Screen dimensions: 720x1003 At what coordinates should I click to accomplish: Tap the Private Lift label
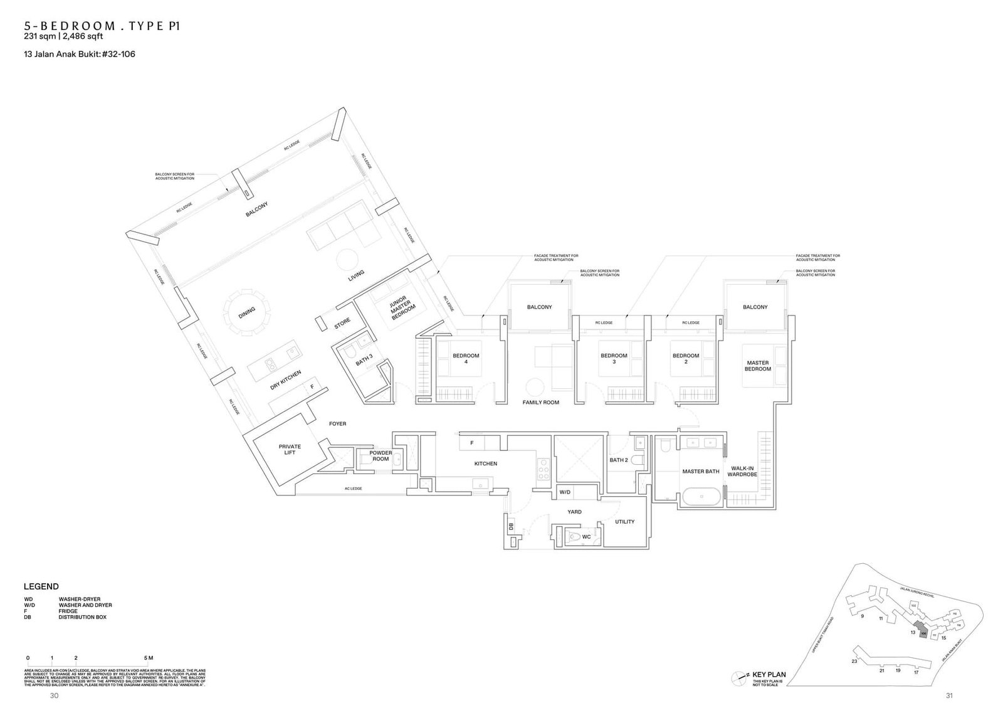[x=290, y=450]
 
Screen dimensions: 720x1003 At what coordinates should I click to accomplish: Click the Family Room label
[x=540, y=402]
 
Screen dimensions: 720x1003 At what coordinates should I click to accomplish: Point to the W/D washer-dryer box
[x=565, y=493]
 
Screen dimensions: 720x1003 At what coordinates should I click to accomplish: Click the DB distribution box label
[x=512, y=527]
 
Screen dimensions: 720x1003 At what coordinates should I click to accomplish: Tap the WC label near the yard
[x=586, y=536]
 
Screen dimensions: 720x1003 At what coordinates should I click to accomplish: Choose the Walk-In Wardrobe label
[x=742, y=471]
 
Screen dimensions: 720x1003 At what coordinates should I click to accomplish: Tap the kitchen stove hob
[x=543, y=469]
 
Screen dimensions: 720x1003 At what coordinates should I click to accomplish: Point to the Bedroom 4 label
[x=466, y=359]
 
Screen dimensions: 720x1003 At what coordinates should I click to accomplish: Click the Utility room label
[x=624, y=521]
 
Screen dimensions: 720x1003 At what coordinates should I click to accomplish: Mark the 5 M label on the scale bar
[x=148, y=658]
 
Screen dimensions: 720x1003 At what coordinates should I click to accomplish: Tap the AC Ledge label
[x=354, y=488]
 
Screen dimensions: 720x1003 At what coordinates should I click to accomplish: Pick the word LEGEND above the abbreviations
[x=41, y=586]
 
